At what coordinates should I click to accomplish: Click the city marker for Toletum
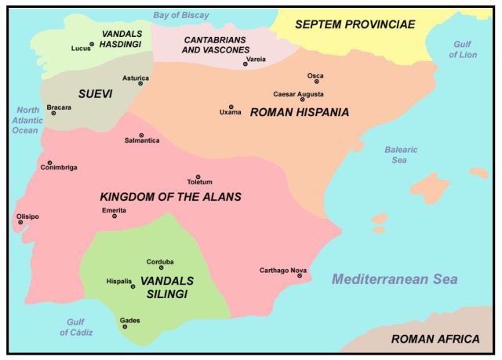pos(198,176)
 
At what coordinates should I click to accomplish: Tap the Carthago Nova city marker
pos(299,275)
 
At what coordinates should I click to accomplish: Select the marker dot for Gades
pos(125,326)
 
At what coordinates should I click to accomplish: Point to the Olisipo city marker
pos(20,222)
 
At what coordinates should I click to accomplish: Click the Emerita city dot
pos(115,216)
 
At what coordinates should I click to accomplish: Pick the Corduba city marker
pos(161,267)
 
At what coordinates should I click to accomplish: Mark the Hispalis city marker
pos(133,286)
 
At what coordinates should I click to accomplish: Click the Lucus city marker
pos(92,45)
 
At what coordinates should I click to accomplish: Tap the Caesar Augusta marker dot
pos(302,100)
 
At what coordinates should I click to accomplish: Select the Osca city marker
pos(316,82)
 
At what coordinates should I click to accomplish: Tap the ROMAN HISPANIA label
pos(299,113)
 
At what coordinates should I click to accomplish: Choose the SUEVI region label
pos(95,93)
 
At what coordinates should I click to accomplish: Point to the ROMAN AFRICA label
pos(435,339)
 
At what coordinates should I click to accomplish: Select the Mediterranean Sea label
pos(394,279)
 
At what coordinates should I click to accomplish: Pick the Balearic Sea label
pos(401,155)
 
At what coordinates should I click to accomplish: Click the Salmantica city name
pos(142,140)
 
